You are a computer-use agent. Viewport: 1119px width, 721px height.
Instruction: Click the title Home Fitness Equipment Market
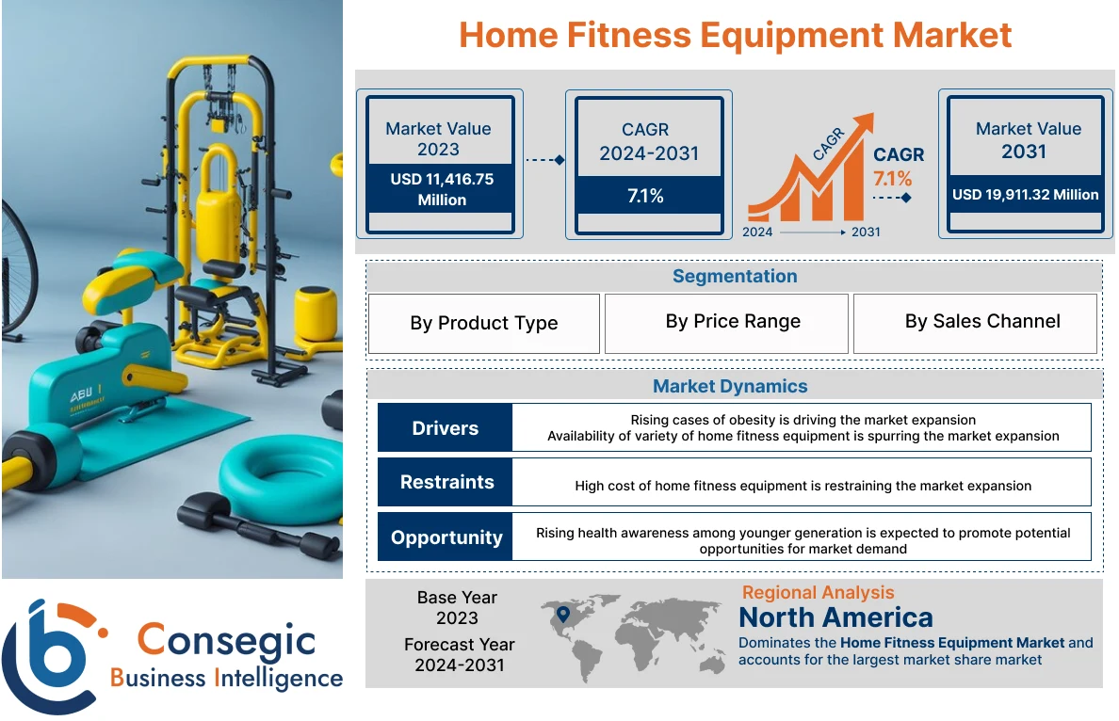tap(735, 36)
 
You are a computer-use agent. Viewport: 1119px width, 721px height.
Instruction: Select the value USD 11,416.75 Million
tap(441, 189)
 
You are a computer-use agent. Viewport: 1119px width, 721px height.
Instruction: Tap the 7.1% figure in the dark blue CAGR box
tap(645, 196)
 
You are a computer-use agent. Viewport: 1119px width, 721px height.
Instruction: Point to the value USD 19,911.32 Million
tap(1025, 195)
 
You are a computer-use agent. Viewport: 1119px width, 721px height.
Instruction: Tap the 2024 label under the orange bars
tap(757, 232)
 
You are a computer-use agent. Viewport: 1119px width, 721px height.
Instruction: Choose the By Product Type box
tap(483, 323)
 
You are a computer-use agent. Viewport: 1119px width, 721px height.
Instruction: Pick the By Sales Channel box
tap(981, 322)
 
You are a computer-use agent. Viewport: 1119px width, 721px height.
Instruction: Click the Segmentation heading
tap(734, 277)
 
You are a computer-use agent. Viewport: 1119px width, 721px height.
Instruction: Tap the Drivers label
tap(445, 428)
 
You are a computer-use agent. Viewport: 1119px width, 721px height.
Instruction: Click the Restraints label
tap(446, 482)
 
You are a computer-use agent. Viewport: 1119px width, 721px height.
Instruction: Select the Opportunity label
tap(446, 537)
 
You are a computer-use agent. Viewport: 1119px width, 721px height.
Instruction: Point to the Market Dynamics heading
tap(730, 386)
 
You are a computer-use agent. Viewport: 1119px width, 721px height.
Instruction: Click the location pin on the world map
tap(563, 615)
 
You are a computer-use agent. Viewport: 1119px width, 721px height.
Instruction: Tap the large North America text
tap(835, 617)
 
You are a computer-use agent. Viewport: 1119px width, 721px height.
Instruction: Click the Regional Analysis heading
tap(818, 592)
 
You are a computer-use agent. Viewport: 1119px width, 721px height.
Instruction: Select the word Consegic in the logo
tap(226, 640)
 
